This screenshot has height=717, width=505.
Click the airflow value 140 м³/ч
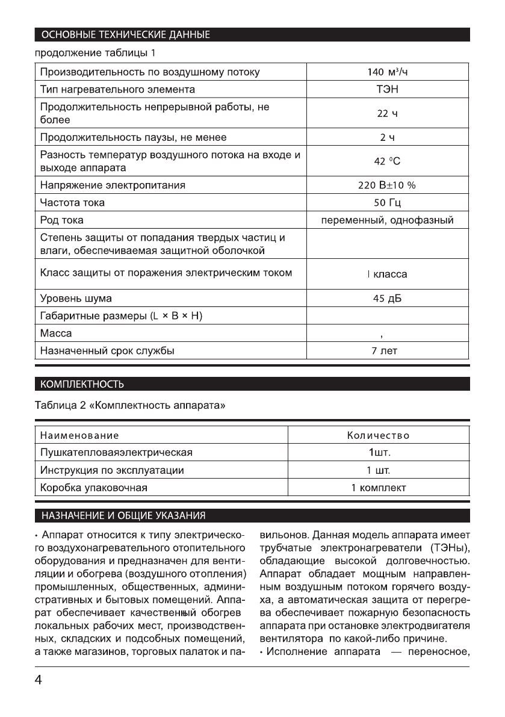388,73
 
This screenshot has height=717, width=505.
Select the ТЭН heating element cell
388,90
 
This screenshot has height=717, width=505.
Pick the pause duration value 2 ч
388,138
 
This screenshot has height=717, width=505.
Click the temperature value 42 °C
388,161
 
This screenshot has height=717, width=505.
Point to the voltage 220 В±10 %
388,185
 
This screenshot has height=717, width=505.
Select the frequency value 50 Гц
388,202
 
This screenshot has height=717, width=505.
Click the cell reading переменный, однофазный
388,220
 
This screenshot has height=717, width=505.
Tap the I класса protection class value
388,275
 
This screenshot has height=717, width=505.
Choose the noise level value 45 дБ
388,299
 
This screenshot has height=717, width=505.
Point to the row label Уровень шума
76,299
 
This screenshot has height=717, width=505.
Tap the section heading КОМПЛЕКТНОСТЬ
82,383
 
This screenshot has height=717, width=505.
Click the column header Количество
379,435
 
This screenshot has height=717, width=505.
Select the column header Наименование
79,435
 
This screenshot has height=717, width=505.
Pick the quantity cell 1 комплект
379,487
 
